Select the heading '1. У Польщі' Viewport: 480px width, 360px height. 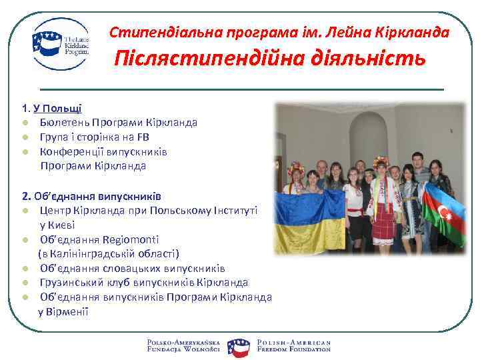click(52, 108)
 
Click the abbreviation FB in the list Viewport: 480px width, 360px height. click(143, 137)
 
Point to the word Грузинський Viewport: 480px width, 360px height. click(73, 283)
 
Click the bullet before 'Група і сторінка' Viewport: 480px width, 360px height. click(24, 138)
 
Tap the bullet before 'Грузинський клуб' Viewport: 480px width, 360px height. click(24, 283)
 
